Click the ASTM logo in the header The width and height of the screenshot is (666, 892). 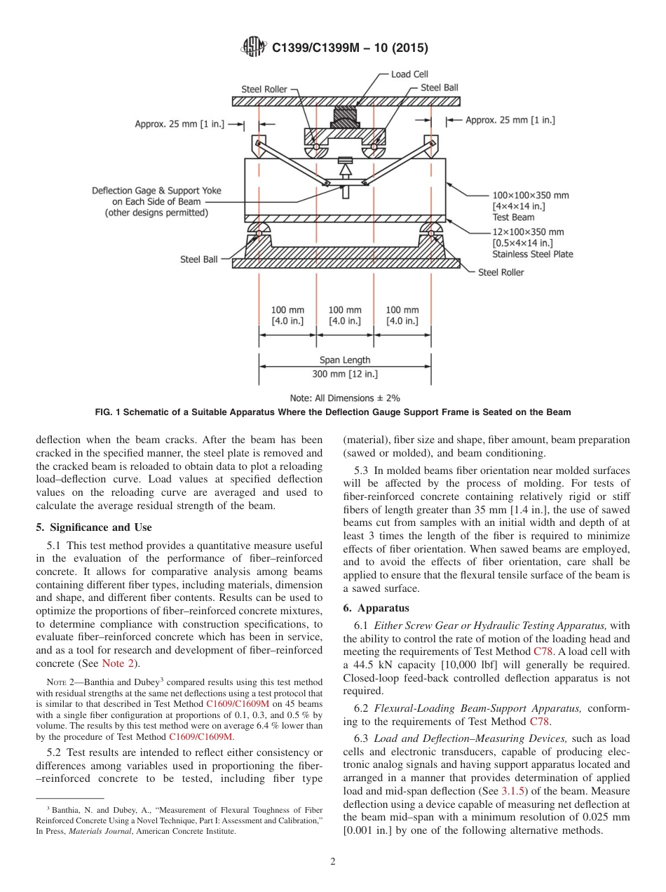tap(253, 47)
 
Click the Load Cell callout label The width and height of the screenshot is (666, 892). tap(409, 74)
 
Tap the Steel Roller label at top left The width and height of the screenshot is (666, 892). tap(264, 89)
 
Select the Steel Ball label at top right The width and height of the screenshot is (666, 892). tap(440, 88)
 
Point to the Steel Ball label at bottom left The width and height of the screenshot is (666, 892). tap(199, 259)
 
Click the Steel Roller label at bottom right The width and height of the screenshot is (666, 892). tap(501, 272)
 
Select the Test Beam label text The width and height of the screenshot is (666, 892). tap(513, 217)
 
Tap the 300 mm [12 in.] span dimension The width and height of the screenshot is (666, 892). tap(345, 374)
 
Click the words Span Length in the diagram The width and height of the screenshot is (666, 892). tap(345, 360)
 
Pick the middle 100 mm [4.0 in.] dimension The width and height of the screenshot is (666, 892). tap(345, 315)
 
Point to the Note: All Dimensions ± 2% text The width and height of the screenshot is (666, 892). tap(345, 398)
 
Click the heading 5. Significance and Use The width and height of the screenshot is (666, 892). tap(93, 527)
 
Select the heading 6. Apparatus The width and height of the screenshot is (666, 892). tap(376, 608)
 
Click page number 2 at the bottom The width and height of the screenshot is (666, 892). tap(333, 862)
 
